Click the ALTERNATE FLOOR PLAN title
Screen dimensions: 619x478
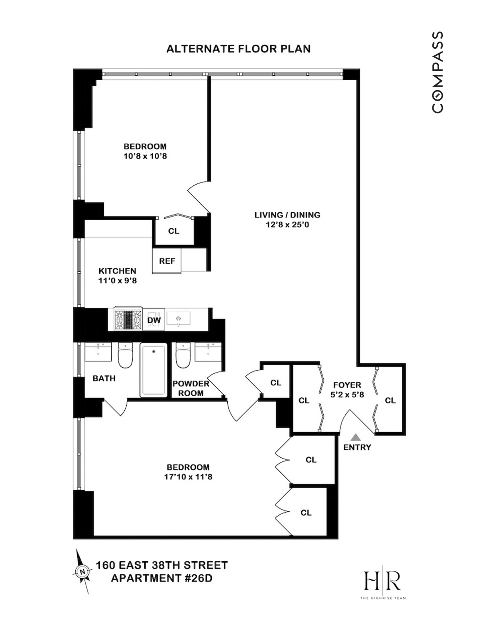click(x=238, y=49)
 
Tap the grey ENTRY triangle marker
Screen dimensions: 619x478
click(x=356, y=437)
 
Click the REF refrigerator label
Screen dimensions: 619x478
click(x=167, y=261)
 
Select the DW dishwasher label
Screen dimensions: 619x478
click(x=154, y=320)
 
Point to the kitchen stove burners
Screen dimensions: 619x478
click(x=128, y=319)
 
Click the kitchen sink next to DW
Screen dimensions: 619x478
click(x=178, y=318)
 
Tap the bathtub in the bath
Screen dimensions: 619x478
click(x=154, y=370)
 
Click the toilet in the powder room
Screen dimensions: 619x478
click(x=183, y=355)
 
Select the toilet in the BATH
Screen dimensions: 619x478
click(x=125, y=355)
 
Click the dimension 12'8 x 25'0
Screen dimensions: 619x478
click(x=287, y=225)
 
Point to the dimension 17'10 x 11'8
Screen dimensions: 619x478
click(x=188, y=477)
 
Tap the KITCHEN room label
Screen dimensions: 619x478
click(x=117, y=271)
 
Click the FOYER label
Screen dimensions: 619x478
click(x=347, y=385)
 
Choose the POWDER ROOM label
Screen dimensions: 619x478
click(x=191, y=388)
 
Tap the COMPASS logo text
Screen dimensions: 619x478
click(x=437, y=72)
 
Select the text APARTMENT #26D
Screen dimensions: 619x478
click(x=162, y=578)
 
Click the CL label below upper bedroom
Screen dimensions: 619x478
click(x=174, y=231)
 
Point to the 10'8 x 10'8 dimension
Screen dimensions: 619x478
click(x=145, y=156)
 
